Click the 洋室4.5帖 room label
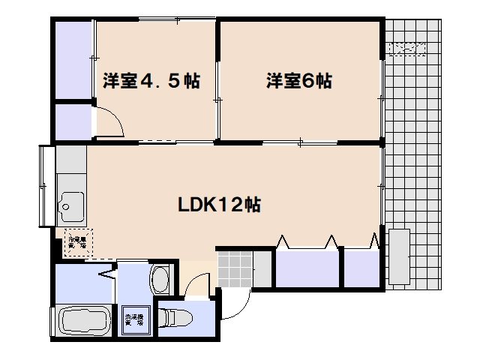coord(151,81)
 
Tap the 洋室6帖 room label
coord(298,81)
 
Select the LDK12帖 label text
coord(218,204)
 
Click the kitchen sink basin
coord(72,202)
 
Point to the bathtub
coord(82,323)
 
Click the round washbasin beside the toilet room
coord(160,279)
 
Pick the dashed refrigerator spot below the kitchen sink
coord(76,241)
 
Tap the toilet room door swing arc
coord(198,283)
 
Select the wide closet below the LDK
coord(307,269)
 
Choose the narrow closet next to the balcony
coord(361,269)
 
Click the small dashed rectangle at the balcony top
coord(406,49)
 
